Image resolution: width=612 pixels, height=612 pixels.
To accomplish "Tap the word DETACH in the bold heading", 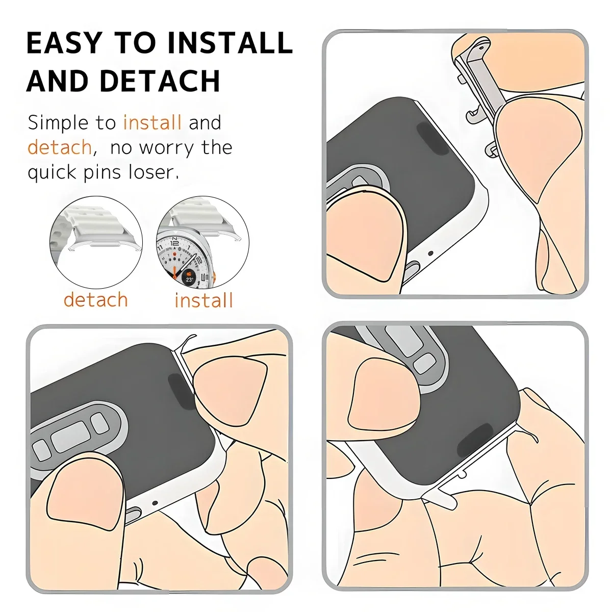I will coord(160,81).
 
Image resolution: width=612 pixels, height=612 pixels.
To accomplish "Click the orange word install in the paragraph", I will coord(152,123).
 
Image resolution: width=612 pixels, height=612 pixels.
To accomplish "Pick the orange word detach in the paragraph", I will coord(60,148).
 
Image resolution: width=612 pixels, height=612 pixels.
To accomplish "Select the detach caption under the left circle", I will coord(95,300).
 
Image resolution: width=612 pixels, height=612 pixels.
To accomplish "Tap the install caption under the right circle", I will coord(203,300).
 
